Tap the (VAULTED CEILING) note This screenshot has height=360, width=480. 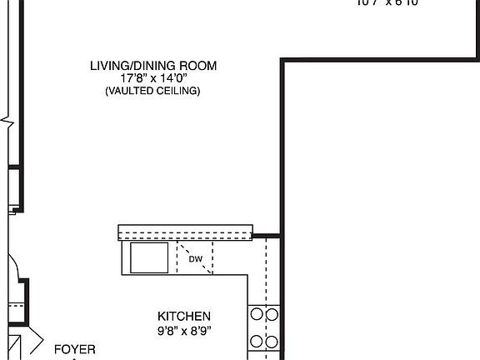coord(152,91)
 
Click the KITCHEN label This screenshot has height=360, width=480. coord(184,317)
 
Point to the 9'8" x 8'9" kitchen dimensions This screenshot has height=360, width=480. coord(184,331)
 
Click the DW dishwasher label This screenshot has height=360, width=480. coord(196,259)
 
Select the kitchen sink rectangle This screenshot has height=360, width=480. coord(149,257)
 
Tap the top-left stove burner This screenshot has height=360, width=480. coord(257,315)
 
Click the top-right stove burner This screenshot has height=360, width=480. coord(272,315)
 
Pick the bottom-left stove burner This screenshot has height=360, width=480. coord(257,340)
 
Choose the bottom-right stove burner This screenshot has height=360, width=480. coord(272,340)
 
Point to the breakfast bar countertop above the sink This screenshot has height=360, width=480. coord(184,232)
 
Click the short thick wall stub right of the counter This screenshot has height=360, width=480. coord(267,237)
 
